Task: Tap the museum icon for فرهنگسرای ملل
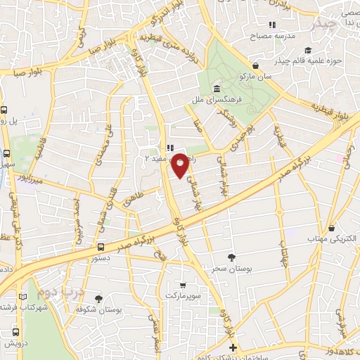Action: [215, 89]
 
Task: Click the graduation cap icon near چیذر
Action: [308, 50]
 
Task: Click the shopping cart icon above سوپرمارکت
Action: [184, 285]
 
